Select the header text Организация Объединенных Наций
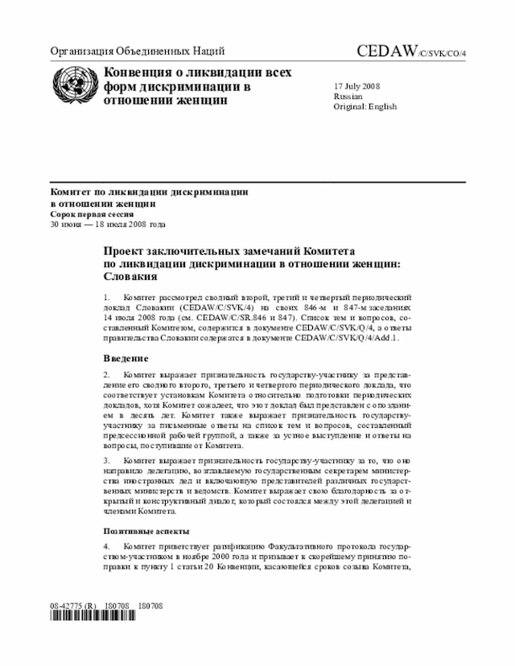137,51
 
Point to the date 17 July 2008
357,85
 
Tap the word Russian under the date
348,96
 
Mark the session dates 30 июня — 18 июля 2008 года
107,225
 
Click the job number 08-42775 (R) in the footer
73,604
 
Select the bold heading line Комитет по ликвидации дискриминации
149,193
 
